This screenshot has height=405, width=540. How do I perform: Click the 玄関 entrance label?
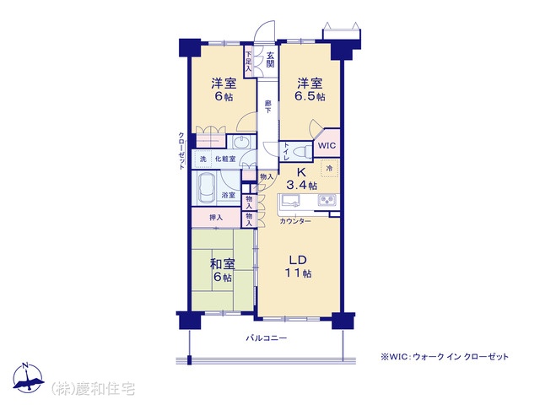click(x=270, y=59)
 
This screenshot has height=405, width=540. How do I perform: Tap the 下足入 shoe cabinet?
click(x=249, y=62)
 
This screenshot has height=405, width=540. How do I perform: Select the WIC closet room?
click(x=327, y=145)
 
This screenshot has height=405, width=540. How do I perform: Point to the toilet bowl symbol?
click(x=301, y=151)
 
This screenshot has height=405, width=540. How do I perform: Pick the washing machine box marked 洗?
click(x=203, y=159)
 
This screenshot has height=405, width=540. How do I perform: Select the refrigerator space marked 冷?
click(x=329, y=169)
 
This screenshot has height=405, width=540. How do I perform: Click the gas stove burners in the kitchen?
click(x=327, y=200)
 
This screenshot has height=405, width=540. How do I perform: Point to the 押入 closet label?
click(x=216, y=218)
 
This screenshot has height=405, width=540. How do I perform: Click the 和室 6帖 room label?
click(x=223, y=270)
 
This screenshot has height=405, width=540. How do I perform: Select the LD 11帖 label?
click(x=298, y=267)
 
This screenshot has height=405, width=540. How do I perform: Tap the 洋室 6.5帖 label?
click(x=310, y=90)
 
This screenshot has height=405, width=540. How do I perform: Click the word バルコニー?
click(x=267, y=337)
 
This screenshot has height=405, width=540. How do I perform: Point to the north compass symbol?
click(x=28, y=377)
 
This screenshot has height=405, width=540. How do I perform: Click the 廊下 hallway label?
click(x=267, y=106)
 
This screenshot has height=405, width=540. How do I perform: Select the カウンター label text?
click(x=295, y=221)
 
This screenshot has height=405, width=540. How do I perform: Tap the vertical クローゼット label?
click(x=181, y=150)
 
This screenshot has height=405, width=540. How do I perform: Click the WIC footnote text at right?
click(x=445, y=356)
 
